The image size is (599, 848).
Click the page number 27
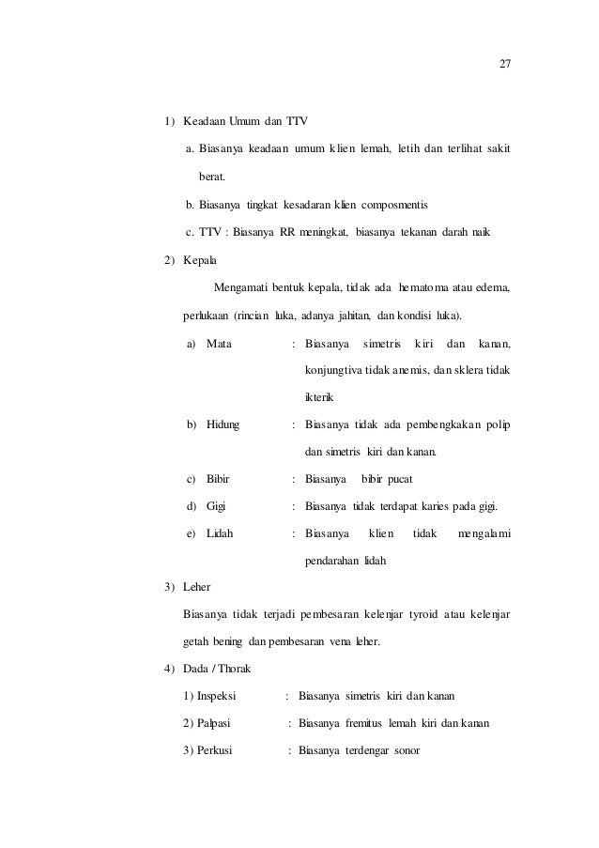[x=504, y=64]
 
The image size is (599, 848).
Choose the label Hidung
[x=223, y=424]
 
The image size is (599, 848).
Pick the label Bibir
[x=218, y=479]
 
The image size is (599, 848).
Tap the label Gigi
[x=217, y=507]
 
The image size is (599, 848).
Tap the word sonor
[x=404, y=750]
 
